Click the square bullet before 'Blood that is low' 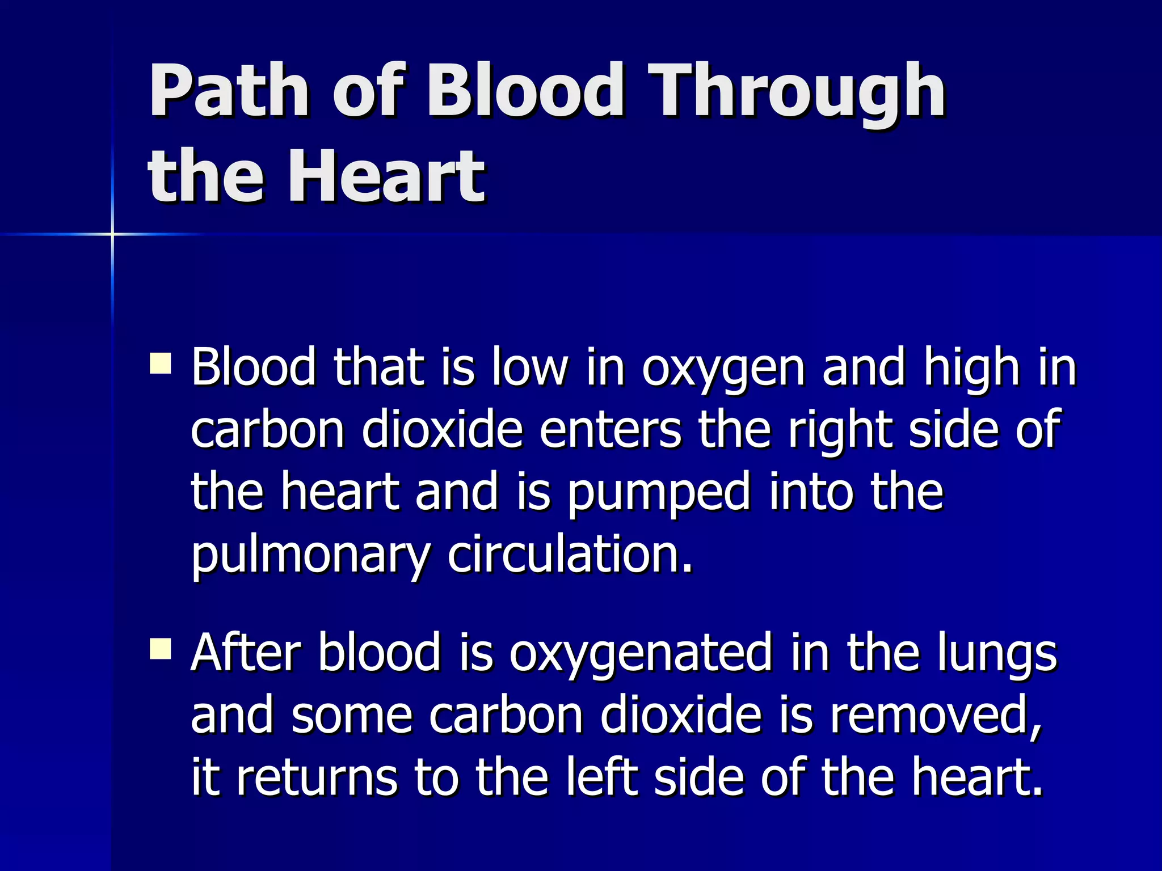[x=161, y=363]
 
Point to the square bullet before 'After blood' [x=161, y=649]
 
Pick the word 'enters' [x=610, y=430]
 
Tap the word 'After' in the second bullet [x=246, y=653]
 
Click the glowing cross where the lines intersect [x=112, y=234]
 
